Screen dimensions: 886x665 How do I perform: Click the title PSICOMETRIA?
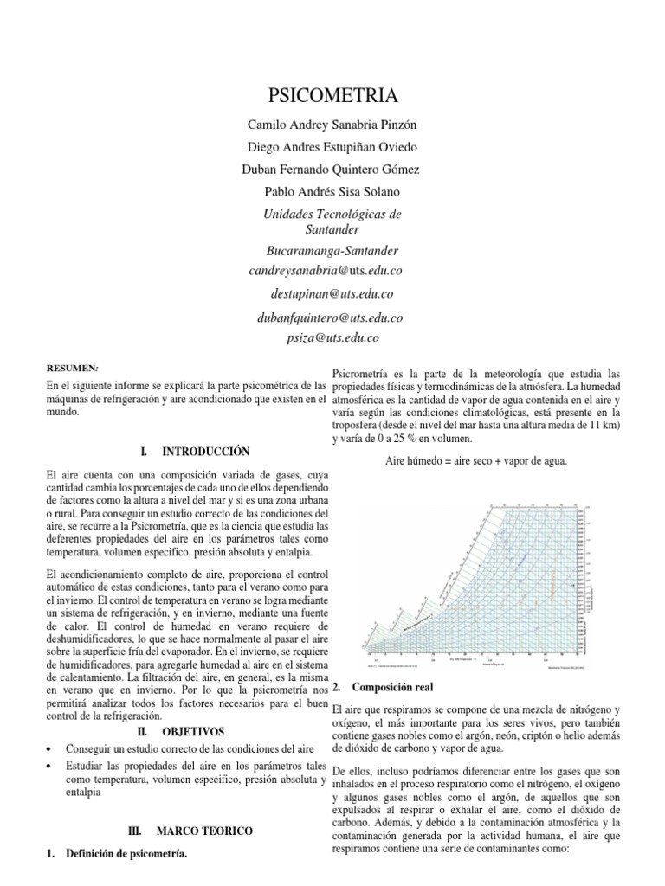(332, 93)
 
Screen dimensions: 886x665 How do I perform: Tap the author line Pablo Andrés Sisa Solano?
(332, 190)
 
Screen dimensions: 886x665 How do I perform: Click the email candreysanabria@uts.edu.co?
(326, 271)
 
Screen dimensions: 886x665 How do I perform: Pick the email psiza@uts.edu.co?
(332, 338)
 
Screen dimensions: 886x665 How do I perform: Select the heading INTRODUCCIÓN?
(206, 452)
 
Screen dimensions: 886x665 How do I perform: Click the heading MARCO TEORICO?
(204, 831)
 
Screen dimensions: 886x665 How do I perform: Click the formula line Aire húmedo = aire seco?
(475, 461)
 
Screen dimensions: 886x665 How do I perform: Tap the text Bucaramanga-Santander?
(332, 251)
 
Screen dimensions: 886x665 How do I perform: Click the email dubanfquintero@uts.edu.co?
(331, 318)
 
